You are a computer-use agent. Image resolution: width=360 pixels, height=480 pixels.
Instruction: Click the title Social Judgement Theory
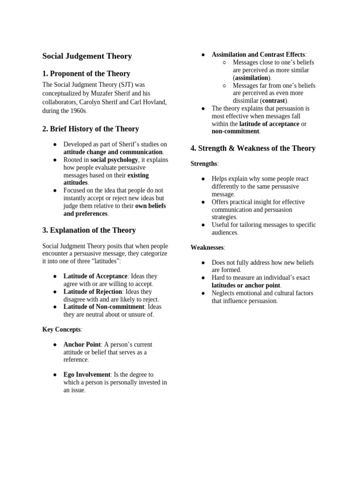(87, 56)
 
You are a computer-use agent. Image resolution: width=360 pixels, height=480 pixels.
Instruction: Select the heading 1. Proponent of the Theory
(86, 74)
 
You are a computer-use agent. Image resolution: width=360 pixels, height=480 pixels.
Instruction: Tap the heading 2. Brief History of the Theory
(90, 129)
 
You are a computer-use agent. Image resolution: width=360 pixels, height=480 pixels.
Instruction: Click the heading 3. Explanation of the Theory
(89, 230)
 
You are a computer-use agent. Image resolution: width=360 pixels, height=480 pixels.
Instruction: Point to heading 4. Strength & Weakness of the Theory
(253, 149)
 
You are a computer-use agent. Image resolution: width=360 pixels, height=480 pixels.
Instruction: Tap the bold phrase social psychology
(114, 160)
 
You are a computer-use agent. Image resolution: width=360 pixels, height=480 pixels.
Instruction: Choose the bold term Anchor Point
(82, 345)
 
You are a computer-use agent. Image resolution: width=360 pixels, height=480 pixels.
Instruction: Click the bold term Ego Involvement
(87, 375)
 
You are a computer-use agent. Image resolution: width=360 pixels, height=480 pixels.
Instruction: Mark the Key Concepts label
(61, 330)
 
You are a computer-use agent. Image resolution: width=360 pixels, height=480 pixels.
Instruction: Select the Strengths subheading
(204, 164)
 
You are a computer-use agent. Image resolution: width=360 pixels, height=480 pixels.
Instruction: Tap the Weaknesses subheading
(207, 247)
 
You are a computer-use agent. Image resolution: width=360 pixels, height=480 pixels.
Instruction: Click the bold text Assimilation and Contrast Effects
(258, 55)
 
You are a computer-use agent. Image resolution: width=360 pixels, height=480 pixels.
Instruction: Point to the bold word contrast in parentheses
(274, 101)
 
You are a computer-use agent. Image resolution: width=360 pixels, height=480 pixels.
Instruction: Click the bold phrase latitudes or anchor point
(246, 285)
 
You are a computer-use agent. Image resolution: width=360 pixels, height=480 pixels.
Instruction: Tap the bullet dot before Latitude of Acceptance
(55, 277)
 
